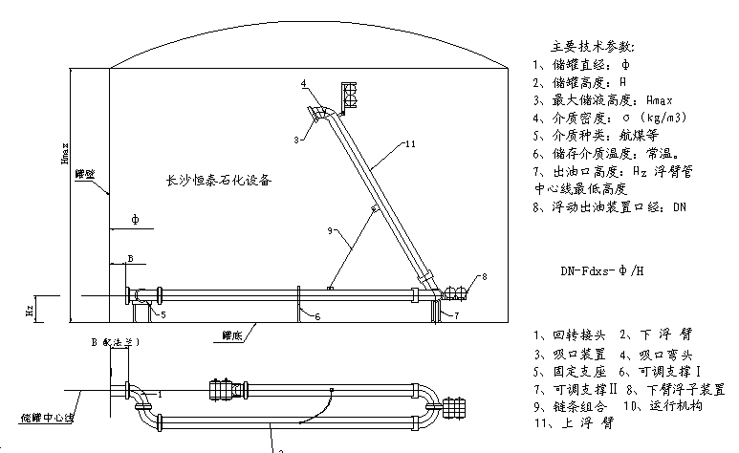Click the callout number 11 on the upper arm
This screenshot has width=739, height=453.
click(410, 143)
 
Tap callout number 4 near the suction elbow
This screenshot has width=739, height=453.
click(303, 85)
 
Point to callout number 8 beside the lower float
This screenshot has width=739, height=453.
click(485, 276)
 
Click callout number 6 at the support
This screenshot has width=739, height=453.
click(317, 314)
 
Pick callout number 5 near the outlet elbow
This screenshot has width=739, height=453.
click(163, 313)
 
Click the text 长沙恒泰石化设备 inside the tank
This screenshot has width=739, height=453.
click(219, 179)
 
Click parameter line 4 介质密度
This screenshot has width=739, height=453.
click(613, 118)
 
